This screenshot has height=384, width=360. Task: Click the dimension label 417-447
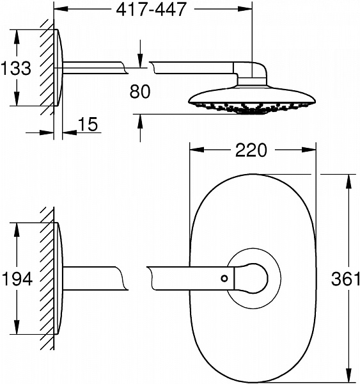click(x=153, y=10)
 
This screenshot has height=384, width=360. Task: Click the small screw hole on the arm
click(x=224, y=278)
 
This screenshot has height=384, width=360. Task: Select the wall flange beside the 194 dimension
click(x=58, y=279)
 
